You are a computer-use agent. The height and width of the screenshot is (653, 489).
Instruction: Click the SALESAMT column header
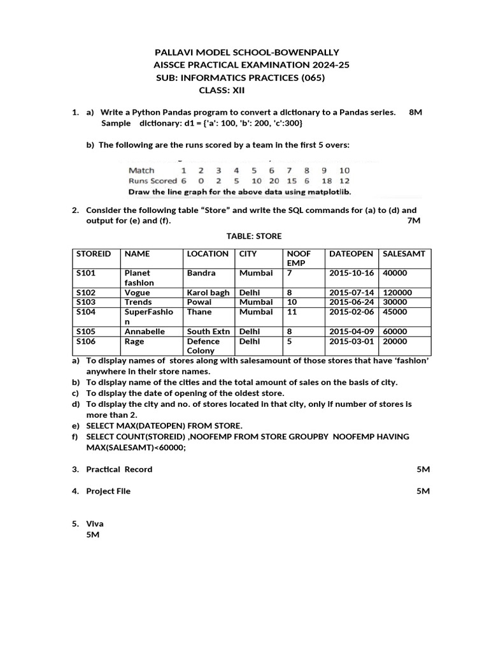click(x=404, y=254)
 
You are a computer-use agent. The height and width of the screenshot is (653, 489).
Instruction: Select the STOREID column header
click(x=93, y=254)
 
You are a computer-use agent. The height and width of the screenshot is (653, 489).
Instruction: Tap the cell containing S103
click(x=86, y=302)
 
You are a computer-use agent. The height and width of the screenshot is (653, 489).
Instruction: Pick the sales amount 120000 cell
click(x=397, y=293)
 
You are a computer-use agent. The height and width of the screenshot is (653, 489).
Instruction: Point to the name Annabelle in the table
click(x=145, y=332)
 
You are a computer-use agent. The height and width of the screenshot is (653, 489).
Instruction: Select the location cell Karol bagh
click(x=208, y=293)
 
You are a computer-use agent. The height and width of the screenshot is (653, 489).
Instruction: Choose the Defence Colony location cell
click(x=202, y=346)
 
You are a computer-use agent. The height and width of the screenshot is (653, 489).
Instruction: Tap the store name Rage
click(x=134, y=341)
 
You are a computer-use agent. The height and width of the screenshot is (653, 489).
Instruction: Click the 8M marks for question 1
click(x=415, y=112)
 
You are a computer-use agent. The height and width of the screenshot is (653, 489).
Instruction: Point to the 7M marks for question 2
click(x=413, y=221)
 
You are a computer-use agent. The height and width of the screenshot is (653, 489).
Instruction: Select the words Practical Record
click(x=119, y=469)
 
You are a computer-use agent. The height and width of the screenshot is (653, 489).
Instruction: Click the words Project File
click(x=108, y=491)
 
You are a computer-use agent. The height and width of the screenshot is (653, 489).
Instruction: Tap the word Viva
click(x=95, y=524)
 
